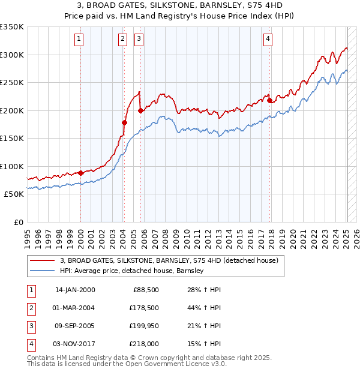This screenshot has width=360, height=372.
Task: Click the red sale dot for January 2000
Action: tap(80, 173)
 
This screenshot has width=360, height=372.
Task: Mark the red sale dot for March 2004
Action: tap(124, 122)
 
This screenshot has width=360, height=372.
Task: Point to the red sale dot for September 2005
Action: tap(140, 110)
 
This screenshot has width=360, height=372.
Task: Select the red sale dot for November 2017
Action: tap(269, 100)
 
